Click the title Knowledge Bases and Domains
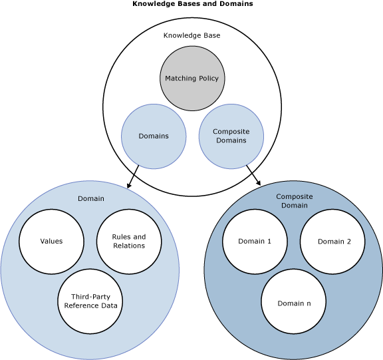click(192, 4)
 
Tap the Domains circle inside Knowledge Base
click(154, 136)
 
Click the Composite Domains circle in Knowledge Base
click(231, 136)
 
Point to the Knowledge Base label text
click(191, 35)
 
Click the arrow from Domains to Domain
click(132, 177)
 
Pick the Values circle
click(51, 241)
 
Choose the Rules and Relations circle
click(129, 241)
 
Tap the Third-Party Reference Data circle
click(90, 301)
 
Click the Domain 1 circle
click(255, 241)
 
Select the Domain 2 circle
click(333, 241)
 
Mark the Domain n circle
click(293, 303)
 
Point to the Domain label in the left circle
click(90, 198)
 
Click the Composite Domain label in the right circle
click(293, 201)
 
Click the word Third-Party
click(90, 297)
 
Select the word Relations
click(129, 246)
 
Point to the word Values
click(51, 241)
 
